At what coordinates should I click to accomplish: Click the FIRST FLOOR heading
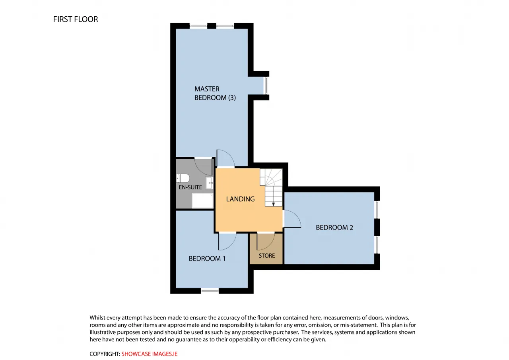[76, 19]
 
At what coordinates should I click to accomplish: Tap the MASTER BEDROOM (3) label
[215, 93]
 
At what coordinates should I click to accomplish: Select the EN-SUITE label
[190, 187]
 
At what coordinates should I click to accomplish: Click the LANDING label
[240, 199]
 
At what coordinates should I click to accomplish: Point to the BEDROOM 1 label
[207, 259]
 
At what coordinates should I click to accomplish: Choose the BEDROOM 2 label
[334, 228]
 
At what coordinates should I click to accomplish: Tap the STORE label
[266, 256]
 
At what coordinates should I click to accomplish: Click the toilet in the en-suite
[183, 178]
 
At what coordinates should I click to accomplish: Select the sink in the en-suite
[209, 183]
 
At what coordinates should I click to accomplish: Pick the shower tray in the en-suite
[202, 200]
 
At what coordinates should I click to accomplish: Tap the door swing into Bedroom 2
[292, 219]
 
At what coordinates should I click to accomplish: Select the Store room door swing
[266, 241]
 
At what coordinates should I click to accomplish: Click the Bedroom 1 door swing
[227, 241]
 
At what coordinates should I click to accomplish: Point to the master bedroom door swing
[225, 158]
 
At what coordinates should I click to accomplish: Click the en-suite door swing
[203, 167]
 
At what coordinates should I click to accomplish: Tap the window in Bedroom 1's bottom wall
[210, 290]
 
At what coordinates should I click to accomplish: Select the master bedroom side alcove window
[266, 86]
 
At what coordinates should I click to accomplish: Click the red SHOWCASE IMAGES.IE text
[149, 354]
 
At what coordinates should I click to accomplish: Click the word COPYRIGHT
[105, 354]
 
